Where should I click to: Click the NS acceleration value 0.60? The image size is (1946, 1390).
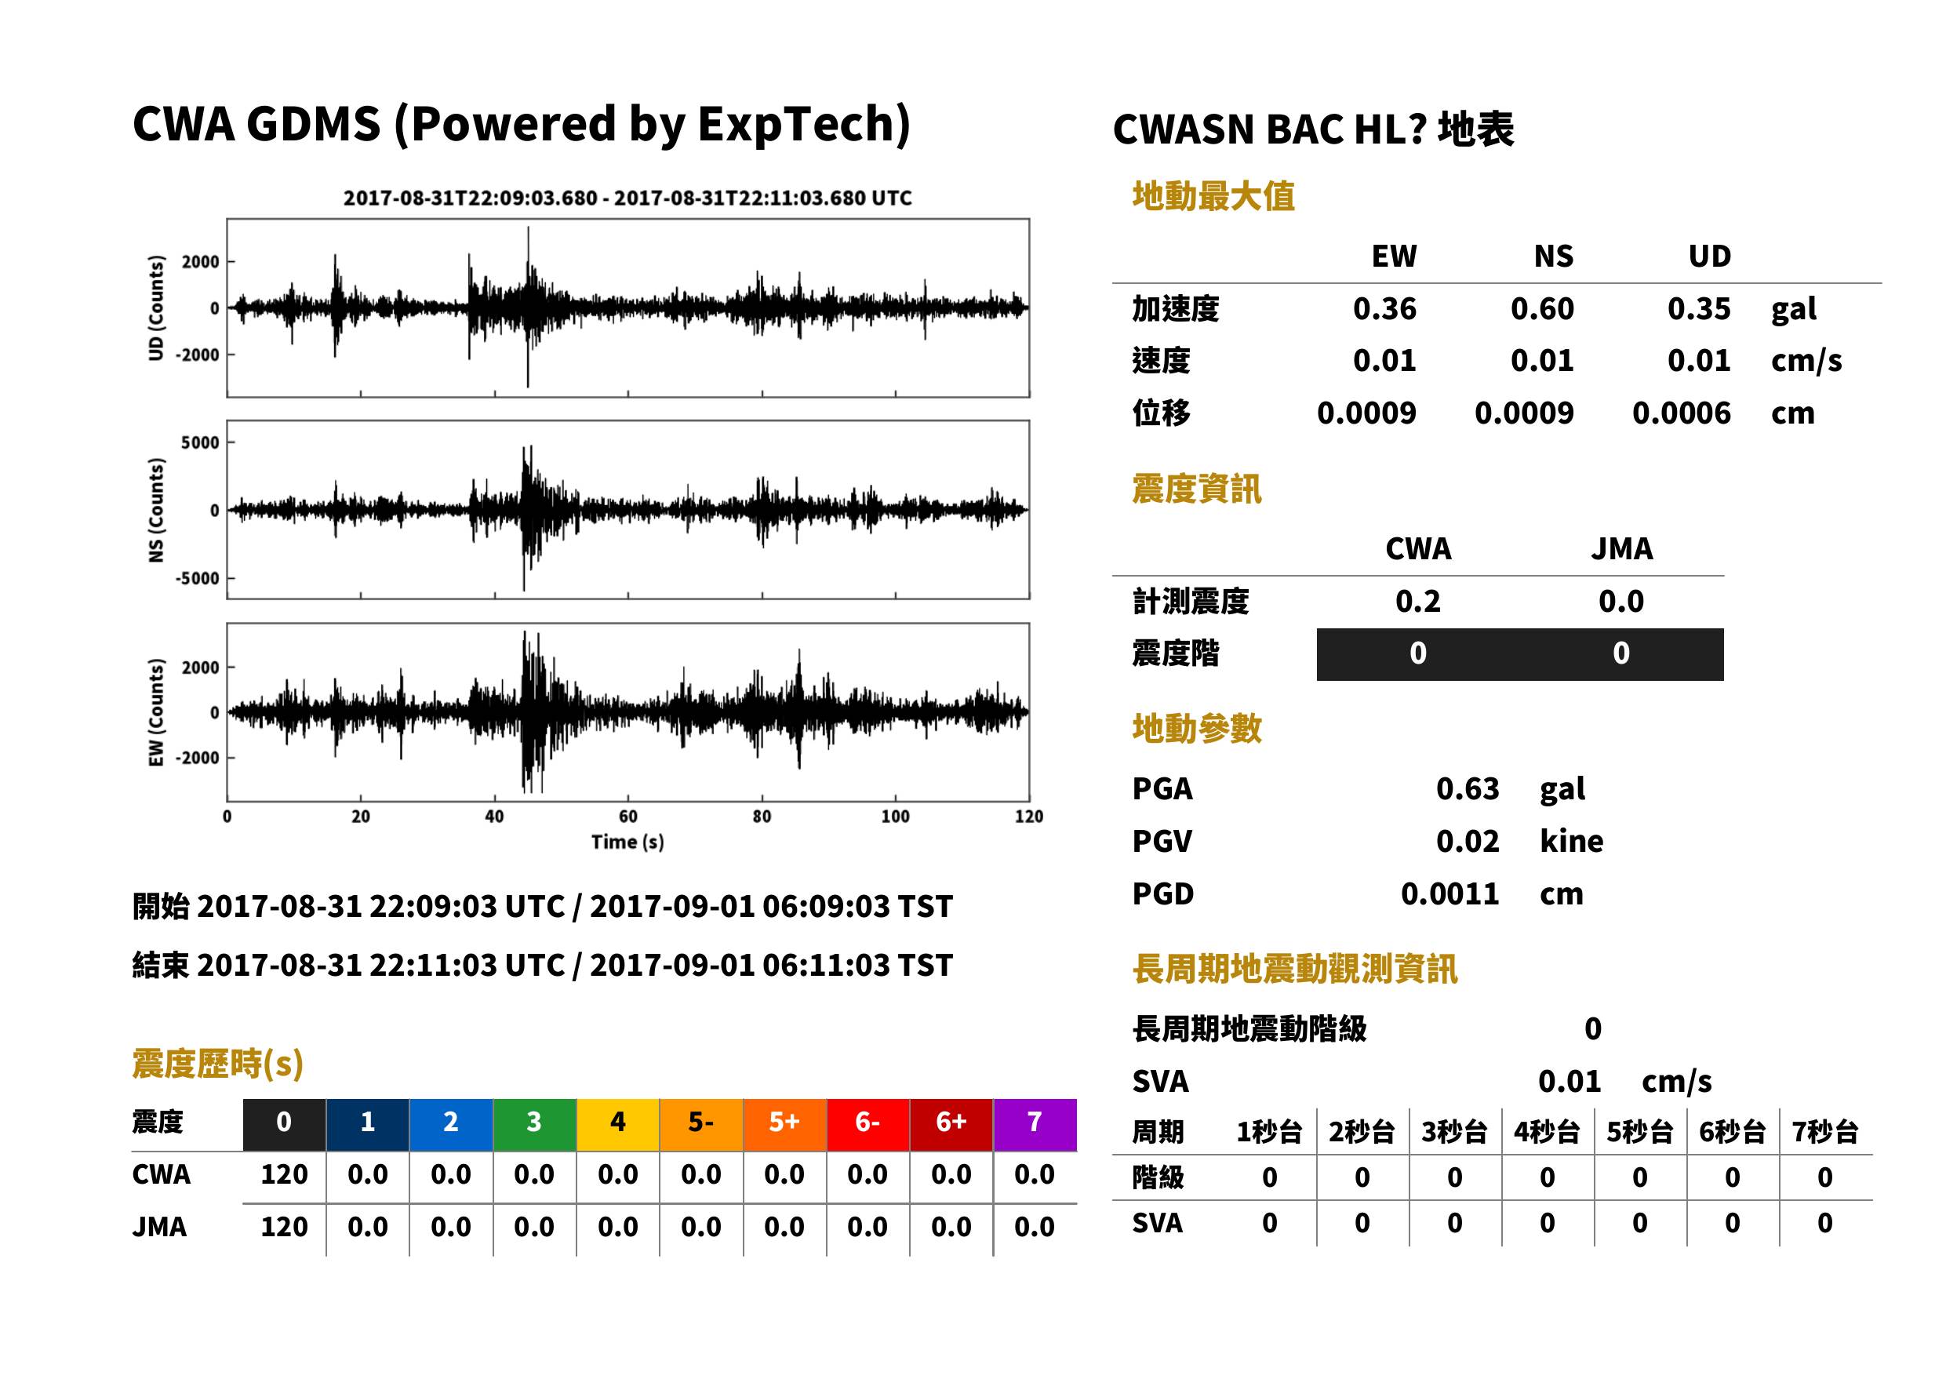[1541, 309]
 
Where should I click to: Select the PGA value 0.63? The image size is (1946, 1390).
[1467, 788]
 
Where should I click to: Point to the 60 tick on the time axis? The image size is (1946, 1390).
[628, 817]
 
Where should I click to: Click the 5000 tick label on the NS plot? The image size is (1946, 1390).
[199, 442]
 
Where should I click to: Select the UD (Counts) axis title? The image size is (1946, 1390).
[156, 308]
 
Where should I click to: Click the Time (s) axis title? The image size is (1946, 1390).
[627, 842]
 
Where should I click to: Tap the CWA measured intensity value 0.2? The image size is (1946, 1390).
[1418, 602]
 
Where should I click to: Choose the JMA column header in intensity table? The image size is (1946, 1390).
[1622, 548]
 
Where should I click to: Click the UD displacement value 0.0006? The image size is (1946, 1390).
[1682, 413]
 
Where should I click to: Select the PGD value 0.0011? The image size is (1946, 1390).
[1449, 894]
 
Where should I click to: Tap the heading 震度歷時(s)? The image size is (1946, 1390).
[218, 1064]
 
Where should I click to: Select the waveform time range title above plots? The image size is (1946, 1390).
[627, 198]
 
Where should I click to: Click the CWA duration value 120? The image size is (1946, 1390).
[284, 1174]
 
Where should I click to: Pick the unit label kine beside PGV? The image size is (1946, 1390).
[1571, 842]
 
